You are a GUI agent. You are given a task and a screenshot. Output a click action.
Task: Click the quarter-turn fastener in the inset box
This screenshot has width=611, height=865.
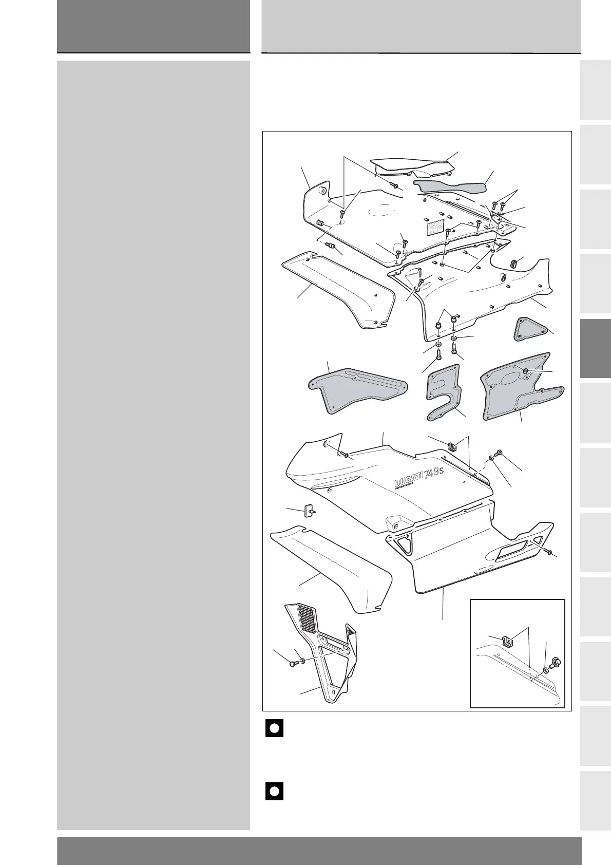point(555,663)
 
